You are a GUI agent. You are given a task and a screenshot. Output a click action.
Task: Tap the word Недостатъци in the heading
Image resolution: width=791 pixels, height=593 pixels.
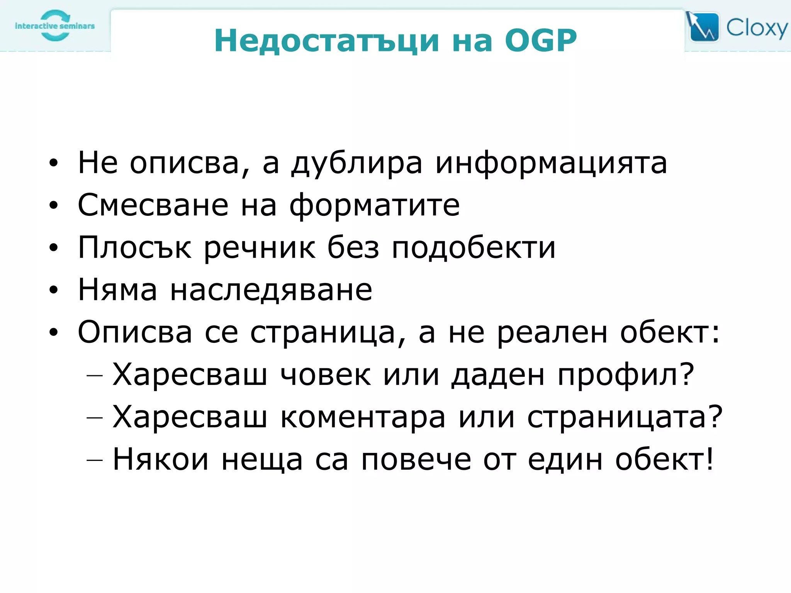point(327,41)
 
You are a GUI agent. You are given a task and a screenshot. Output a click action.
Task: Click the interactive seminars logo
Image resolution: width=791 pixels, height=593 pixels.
point(55,26)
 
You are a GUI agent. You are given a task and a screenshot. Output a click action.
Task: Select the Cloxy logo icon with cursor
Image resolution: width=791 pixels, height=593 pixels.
point(703,27)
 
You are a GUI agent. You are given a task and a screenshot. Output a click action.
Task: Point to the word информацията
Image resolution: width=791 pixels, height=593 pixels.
point(551,163)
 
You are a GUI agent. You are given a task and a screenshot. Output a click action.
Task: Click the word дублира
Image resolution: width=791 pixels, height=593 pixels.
point(357,163)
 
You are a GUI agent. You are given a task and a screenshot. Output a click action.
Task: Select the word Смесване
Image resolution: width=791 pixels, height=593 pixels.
point(153,205)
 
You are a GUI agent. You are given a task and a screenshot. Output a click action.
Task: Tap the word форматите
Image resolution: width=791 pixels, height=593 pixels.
point(375,206)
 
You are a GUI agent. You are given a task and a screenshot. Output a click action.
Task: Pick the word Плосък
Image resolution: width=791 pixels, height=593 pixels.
point(134,247)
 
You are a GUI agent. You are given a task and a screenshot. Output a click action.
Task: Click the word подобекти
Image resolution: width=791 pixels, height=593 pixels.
point(474,247)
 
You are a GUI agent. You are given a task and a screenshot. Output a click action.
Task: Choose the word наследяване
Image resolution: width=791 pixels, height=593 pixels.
point(271,290)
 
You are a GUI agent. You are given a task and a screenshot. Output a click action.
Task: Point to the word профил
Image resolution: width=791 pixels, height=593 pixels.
point(626,375)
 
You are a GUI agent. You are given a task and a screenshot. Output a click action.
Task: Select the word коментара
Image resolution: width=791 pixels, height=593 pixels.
point(363,417)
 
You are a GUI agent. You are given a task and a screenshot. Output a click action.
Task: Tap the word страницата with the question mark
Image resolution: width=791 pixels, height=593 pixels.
point(624,417)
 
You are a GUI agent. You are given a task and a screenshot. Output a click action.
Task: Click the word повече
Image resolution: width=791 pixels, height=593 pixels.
point(416,460)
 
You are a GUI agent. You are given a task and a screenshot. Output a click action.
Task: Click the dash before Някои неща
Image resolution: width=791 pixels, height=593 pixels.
point(95,460)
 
